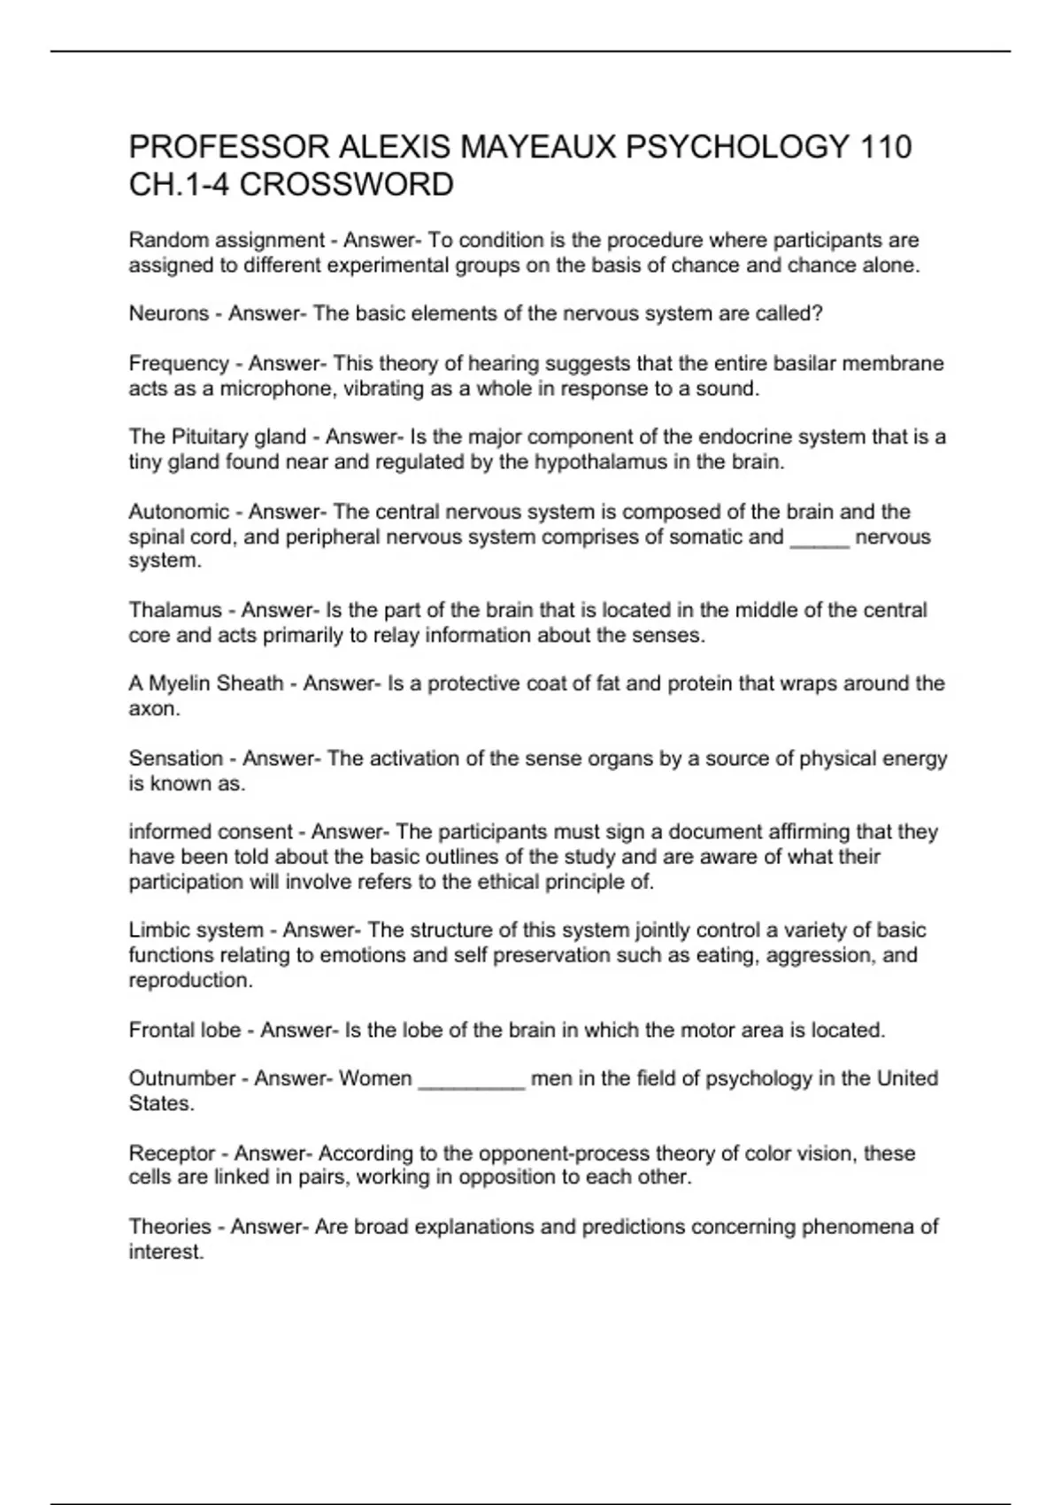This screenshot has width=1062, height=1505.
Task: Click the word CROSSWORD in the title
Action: click(x=347, y=185)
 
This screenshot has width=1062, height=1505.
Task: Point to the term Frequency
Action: click(x=179, y=363)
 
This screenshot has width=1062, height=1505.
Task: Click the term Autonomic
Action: click(x=179, y=512)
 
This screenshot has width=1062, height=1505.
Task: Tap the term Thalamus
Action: click(x=175, y=610)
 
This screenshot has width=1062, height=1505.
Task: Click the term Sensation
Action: click(x=175, y=758)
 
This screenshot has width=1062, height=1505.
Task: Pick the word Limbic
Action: click(x=159, y=930)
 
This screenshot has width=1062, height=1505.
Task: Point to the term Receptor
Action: click(x=172, y=1153)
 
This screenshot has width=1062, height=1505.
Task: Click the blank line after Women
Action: click(x=472, y=1083)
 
